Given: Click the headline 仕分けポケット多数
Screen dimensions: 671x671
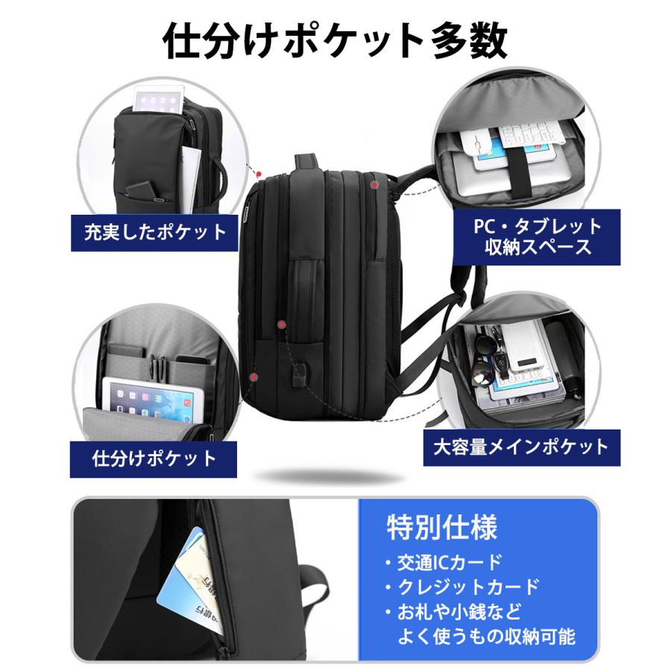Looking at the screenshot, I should (x=335, y=42).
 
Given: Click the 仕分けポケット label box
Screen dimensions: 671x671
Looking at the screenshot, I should (x=154, y=458).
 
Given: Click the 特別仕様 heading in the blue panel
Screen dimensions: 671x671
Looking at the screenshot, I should (x=441, y=528).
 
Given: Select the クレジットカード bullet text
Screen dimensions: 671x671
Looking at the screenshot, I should (x=461, y=587).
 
